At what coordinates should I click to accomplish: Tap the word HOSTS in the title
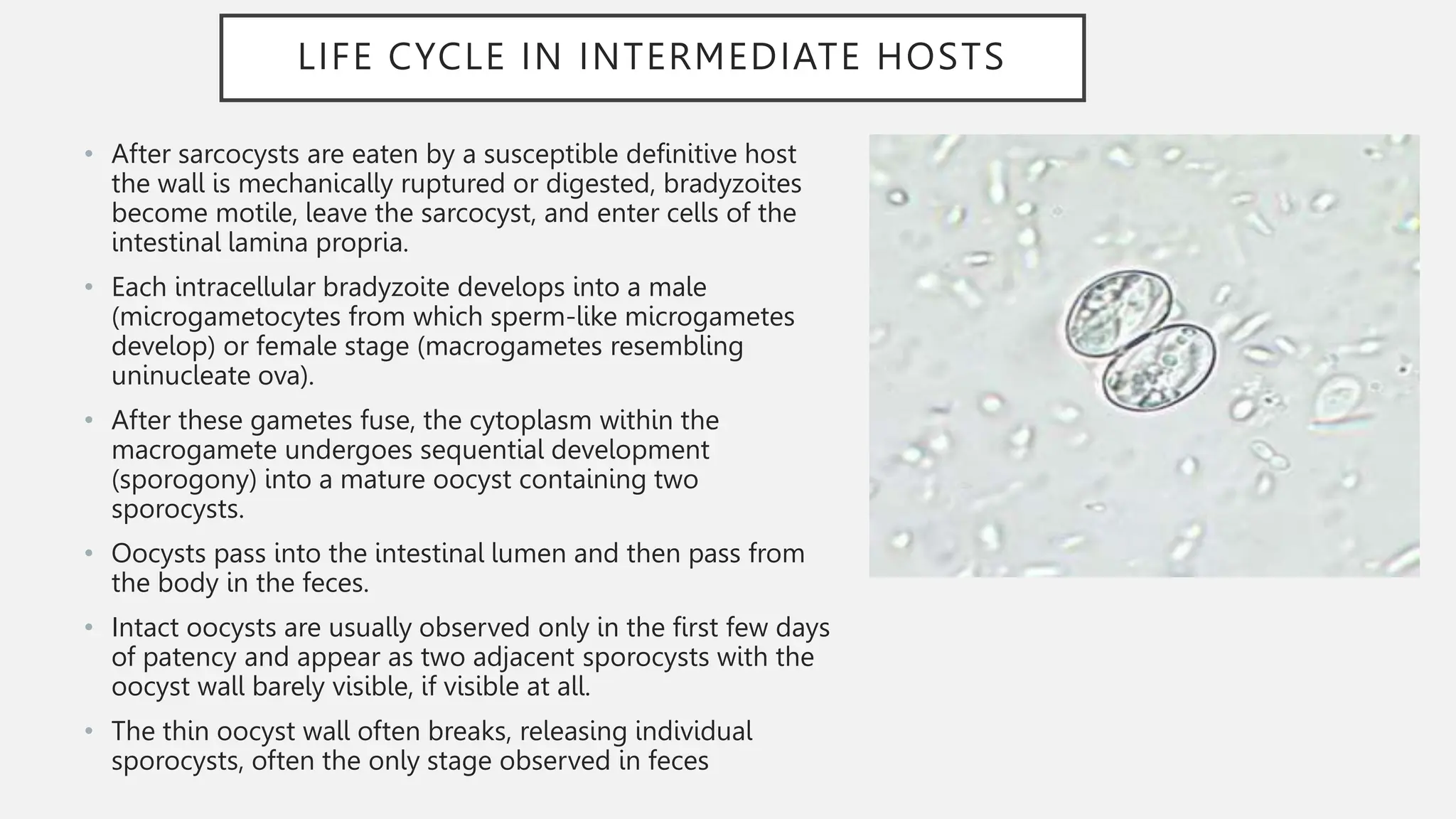[941, 57]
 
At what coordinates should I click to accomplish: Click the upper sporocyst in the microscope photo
[1117, 312]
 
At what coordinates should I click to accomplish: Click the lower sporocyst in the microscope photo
[1159, 368]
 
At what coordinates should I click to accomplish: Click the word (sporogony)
[183, 479]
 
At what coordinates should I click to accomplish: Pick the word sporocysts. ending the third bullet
[178, 509]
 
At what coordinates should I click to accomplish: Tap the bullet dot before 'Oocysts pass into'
[88, 553]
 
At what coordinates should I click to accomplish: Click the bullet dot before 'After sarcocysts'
[88, 154]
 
